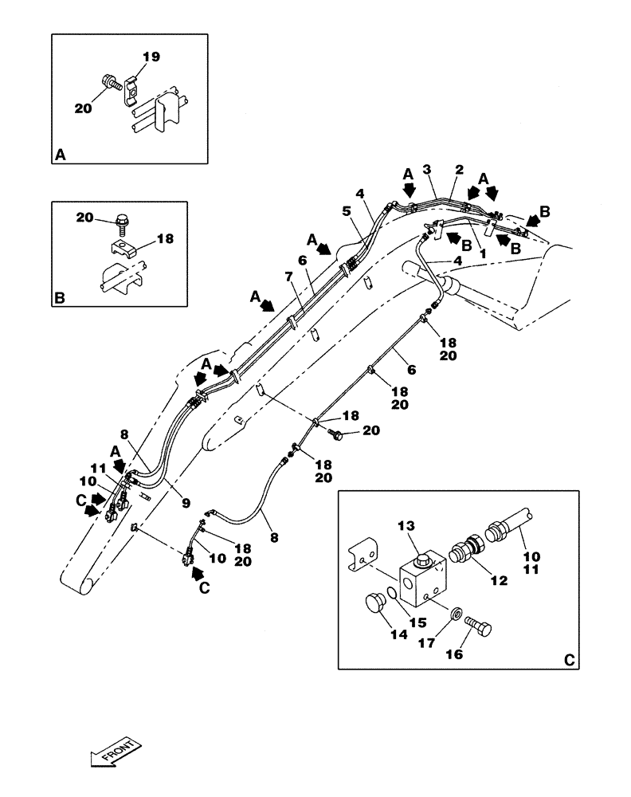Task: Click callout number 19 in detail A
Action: point(151,57)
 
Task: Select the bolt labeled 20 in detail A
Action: point(112,82)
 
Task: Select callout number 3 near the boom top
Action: point(427,169)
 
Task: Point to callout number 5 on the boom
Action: point(347,210)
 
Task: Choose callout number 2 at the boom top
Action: point(459,169)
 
